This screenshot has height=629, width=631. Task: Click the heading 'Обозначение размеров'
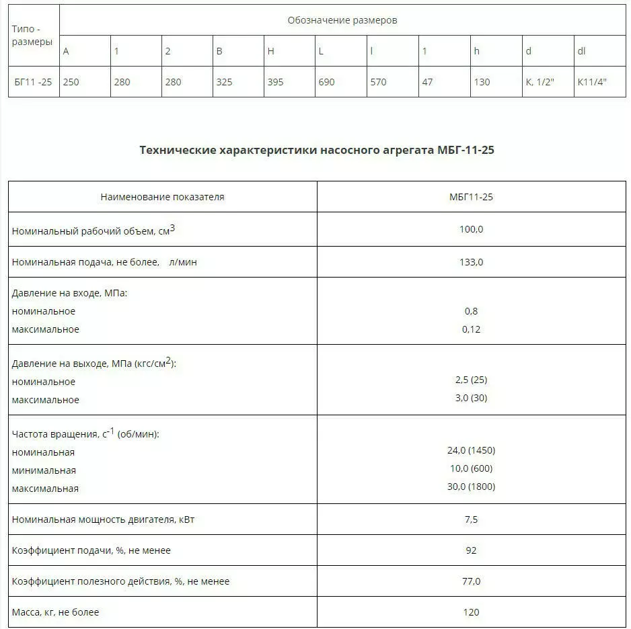pyautogui.click(x=342, y=20)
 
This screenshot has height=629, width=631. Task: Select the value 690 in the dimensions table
pyautogui.click(x=326, y=82)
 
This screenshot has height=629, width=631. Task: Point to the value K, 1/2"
pyautogui.click(x=540, y=82)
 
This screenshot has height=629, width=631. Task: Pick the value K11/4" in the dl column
pyautogui.click(x=592, y=82)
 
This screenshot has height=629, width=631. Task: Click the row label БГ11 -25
pyautogui.click(x=33, y=82)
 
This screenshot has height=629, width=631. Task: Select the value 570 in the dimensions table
pyautogui.click(x=378, y=82)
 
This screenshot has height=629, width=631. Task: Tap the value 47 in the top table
pyautogui.click(x=427, y=82)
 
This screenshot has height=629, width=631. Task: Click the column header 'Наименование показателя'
pyautogui.click(x=162, y=197)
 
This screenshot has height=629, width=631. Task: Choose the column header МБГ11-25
pyautogui.click(x=471, y=197)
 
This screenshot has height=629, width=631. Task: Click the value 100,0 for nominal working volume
pyautogui.click(x=471, y=229)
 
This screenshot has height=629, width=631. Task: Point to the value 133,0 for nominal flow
pyautogui.click(x=471, y=262)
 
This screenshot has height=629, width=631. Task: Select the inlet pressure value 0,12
pyautogui.click(x=471, y=329)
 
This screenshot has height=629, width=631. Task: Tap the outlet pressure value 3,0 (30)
pyautogui.click(x=471, y=398)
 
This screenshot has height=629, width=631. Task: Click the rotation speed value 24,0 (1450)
pyautogui.click(x=471, y=450)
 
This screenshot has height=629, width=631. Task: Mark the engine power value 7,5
pyautogui.click(x=471, y=519)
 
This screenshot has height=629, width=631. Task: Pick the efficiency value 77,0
pyautogui.click(x=471, y=581)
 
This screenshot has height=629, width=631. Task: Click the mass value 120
pyautogui.click(x=471, y=612)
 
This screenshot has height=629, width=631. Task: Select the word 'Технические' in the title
pyautogui.click(x=178, y=150)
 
